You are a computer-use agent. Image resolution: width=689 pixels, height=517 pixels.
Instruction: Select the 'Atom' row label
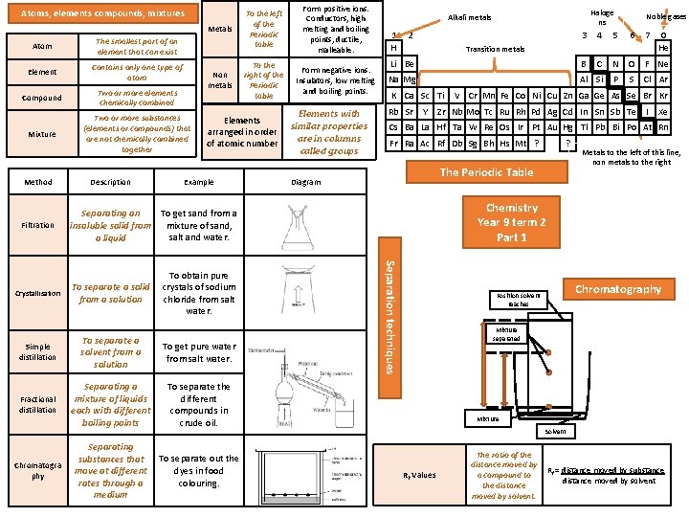tap(42, 47)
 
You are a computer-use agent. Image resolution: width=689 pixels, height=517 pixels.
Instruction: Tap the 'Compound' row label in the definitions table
tap(42, 98)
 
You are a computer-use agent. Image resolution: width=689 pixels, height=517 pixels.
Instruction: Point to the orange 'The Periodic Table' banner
tap(486, 172)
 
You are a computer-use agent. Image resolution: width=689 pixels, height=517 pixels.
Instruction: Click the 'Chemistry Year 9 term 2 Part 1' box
tap(511, 222)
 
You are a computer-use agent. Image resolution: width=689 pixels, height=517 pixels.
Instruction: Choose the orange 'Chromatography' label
tap(618, 289)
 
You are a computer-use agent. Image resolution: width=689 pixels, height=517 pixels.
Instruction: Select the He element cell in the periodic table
tap(662, 47)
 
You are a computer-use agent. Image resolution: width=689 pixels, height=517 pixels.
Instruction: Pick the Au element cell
tap(552, 126)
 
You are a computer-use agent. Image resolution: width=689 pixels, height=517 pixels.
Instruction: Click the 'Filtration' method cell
tap(38, 225)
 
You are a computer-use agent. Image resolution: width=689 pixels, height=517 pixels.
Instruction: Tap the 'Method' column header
tap(38, 181)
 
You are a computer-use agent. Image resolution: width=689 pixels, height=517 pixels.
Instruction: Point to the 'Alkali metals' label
tap(469, 17)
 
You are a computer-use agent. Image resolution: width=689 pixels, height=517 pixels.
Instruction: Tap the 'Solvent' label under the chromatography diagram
tap(555, 433)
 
